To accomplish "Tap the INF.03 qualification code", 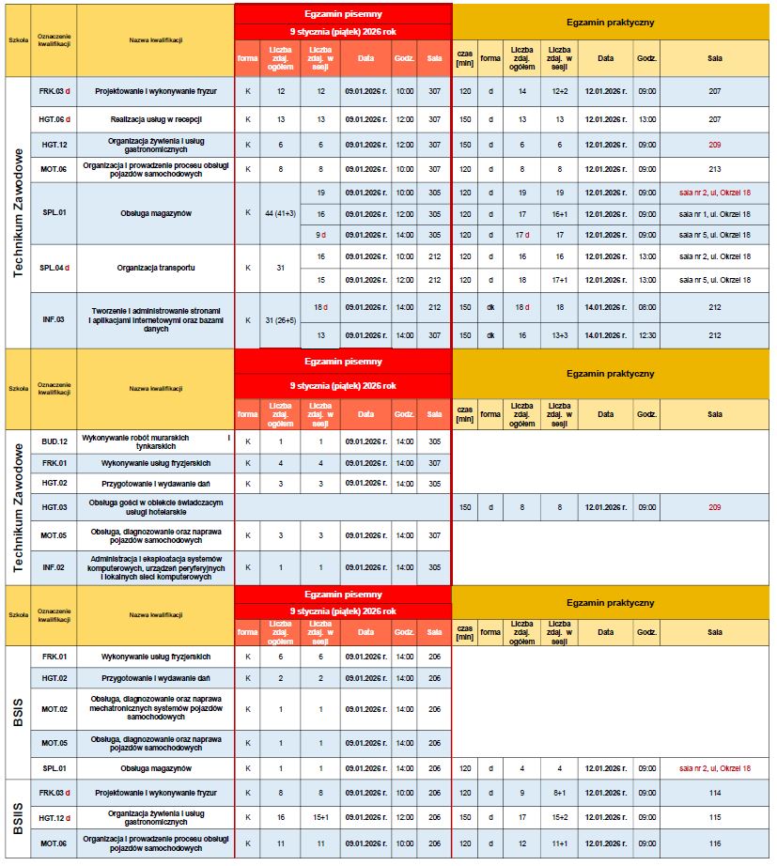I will point(53,319).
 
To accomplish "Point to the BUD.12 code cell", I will point(54,441).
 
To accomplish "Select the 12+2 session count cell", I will point(560,92).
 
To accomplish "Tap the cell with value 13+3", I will point(560,334).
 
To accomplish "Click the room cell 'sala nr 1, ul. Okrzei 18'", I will point(715,214).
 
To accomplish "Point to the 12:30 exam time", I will point(646,334).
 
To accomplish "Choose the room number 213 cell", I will point(715,169).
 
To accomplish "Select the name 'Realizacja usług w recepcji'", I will point(156,120).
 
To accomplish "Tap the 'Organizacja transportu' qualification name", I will point(156,267).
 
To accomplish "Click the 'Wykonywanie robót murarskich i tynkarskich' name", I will point(156,441).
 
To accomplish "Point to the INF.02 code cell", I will point(54,567).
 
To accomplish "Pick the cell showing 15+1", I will point(320,818).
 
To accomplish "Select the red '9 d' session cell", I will point(320,235).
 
